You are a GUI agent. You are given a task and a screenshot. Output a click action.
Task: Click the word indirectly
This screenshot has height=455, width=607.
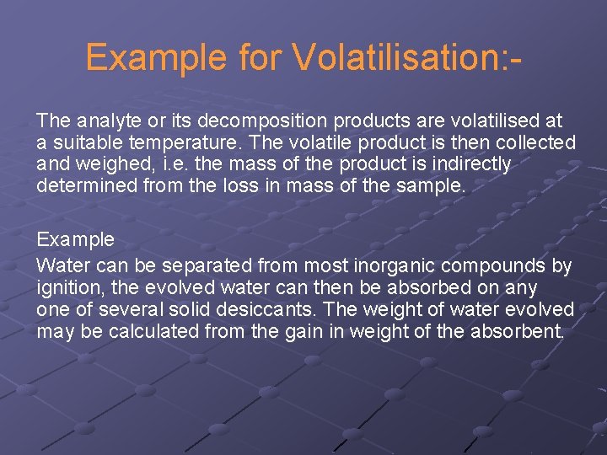[x=468, y=164]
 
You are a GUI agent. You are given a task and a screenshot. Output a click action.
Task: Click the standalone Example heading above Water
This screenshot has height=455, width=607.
[x=75, y=239]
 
